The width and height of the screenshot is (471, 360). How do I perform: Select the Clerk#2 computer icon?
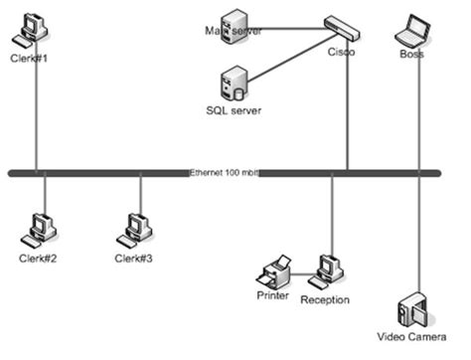point(41,229)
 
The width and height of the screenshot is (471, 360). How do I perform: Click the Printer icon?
point(275,270)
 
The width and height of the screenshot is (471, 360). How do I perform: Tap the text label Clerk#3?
point(133,259)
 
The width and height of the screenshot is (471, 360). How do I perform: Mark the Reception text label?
point(325,297)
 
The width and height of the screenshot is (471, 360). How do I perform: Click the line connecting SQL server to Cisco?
point(293,57)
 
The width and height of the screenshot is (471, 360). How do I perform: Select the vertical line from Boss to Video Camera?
point(419,179)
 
